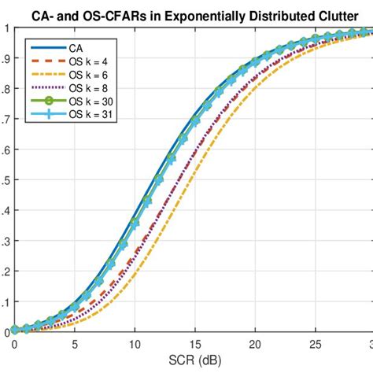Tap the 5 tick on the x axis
coord(74,344)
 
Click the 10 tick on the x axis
coord(135,344)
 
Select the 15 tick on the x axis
coord(194,344)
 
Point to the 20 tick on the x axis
coord(255,344)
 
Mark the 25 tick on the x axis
coord(315,344)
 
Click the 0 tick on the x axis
coord(14,344)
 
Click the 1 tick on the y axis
coord(7,28)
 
